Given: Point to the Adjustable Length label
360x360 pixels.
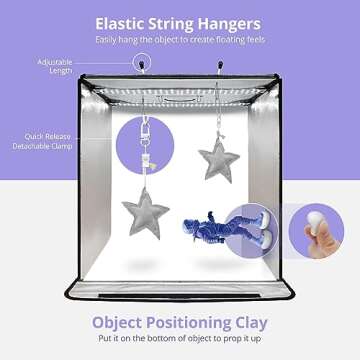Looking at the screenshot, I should pos(27,66).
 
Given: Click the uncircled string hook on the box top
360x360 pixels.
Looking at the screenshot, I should pos(218,70).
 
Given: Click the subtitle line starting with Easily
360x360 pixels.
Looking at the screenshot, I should pos(180,41).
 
